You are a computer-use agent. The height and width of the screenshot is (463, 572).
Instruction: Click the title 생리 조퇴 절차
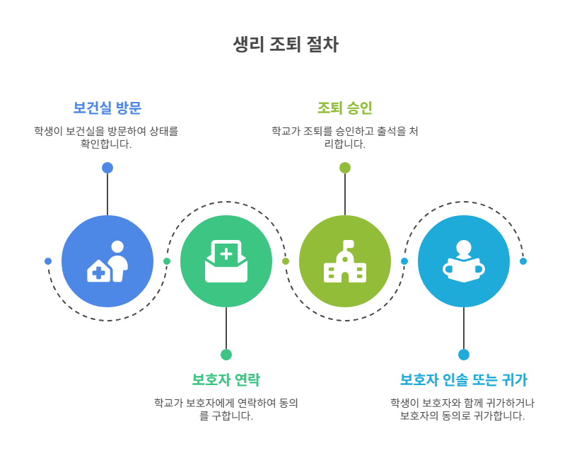click(x=286, y=45)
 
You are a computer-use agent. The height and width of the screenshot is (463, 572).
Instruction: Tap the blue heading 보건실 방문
click(x=107, y=108)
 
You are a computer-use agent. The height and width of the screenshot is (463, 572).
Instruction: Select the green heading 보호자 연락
click(x=226, y=379)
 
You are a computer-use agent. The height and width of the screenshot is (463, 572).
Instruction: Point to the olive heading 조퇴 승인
click(x=345, y=108)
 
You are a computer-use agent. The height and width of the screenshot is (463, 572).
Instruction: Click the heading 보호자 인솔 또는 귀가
click(x=464, y=379)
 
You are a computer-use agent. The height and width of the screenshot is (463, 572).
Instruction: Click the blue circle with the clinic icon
click(x=107, y=261)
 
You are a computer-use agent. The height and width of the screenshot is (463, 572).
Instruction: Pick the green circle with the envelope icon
click(x=226, y=261)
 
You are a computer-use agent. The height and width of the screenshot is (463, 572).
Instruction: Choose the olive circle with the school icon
click(x=345, y=261)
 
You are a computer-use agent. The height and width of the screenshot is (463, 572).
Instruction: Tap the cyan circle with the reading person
click(x=464, y=261)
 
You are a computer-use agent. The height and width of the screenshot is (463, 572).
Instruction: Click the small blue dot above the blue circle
click(x=107, y=168)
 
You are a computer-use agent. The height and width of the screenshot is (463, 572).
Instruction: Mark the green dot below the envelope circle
click(x=226, y=355)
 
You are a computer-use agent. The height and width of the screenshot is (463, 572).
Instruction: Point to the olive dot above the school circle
click(x=345, y=168)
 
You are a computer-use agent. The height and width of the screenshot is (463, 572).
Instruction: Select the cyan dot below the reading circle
click(x=464, y=355)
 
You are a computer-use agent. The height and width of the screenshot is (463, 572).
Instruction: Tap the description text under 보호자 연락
click(x=226, y=409)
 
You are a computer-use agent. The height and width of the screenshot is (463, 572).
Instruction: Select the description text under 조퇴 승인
click(x=345, y=137)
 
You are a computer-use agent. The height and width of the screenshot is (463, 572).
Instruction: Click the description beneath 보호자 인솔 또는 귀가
click(x=464, y=409)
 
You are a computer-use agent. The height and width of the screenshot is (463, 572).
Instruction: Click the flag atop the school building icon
click(x=349, y=244)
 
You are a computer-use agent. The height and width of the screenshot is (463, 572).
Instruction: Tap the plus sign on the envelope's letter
click(x=226, y=253)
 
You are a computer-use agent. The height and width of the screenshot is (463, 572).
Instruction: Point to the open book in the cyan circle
click(x=464, y=270)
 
